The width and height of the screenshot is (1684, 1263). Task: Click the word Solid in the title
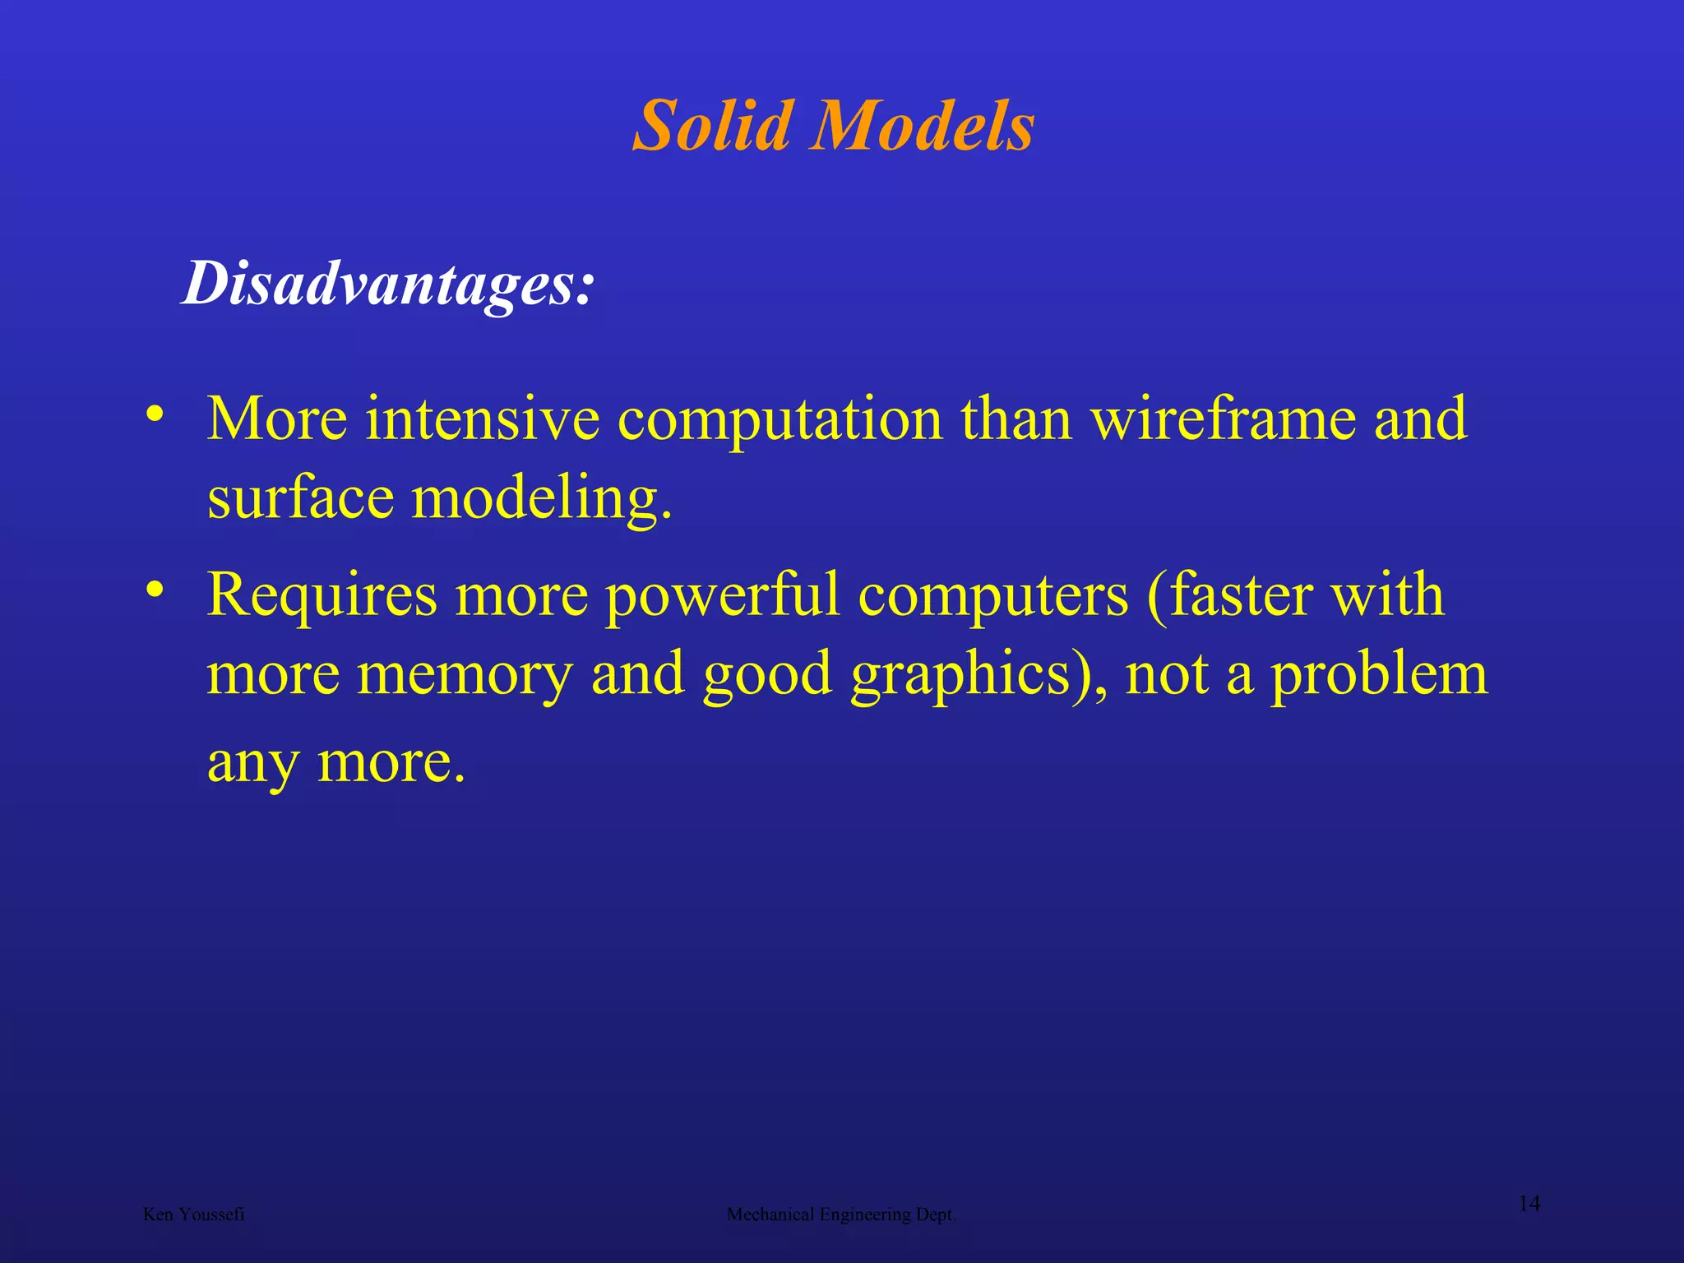[714, 126]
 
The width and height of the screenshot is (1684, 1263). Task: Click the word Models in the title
[922, 126]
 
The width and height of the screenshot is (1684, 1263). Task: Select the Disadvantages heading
[387, 284]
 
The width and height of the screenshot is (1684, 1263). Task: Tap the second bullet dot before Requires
[154, 589]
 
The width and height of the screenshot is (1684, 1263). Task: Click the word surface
[300, 498]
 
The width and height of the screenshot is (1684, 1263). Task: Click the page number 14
[1529, 1205]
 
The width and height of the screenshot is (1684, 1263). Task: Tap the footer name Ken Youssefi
[193, 1214]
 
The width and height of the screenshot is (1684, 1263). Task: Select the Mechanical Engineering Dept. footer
[841, 1214]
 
